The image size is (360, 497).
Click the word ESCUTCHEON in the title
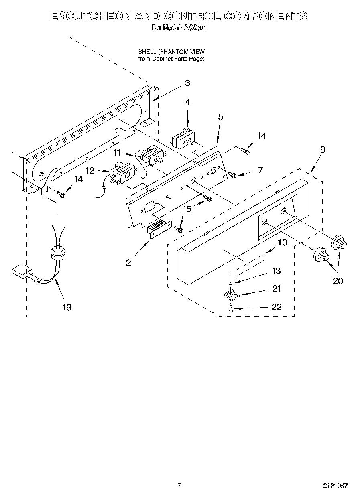tap(90, 16)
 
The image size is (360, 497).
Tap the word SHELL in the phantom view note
tap(147, 52)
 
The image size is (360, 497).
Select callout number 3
tap(187, 83)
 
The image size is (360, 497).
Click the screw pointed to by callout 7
tap(232, 174)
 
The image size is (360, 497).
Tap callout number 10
tap(282, 242)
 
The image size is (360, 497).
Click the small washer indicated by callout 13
tap(231, 284)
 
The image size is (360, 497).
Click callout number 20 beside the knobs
tap(338, 281)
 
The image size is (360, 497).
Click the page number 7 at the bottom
tap(179, 485)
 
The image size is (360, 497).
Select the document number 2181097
tap(335, 485)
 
